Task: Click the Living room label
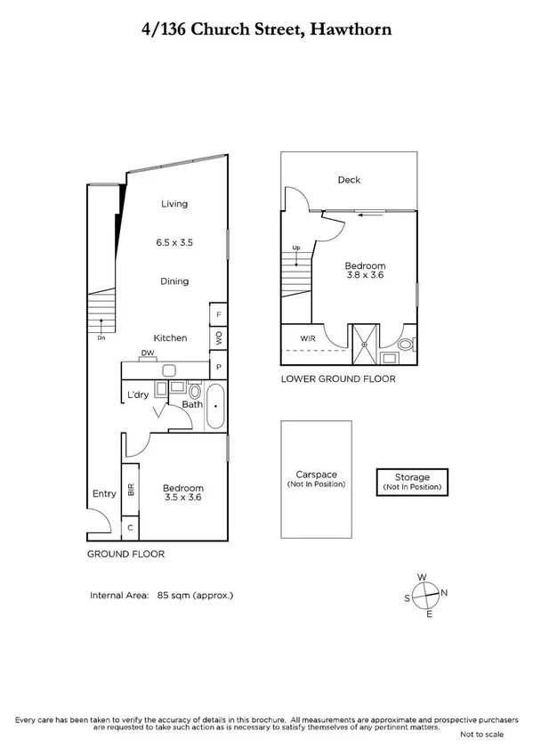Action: tap(174, 204)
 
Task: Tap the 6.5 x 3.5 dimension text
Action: tap(174, 242)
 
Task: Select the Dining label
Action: tap(174, 281)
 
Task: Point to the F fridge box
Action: tap(219, 315)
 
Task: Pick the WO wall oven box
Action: tap(219, 339)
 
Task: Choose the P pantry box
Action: tap(219, 367)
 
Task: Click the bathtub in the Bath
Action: tap(215, 408)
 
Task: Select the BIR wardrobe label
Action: tap(131, 489)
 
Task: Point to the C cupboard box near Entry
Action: tap(130, 528)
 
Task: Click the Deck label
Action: tap(349, 180)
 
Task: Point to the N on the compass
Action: tap(445, 593)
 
